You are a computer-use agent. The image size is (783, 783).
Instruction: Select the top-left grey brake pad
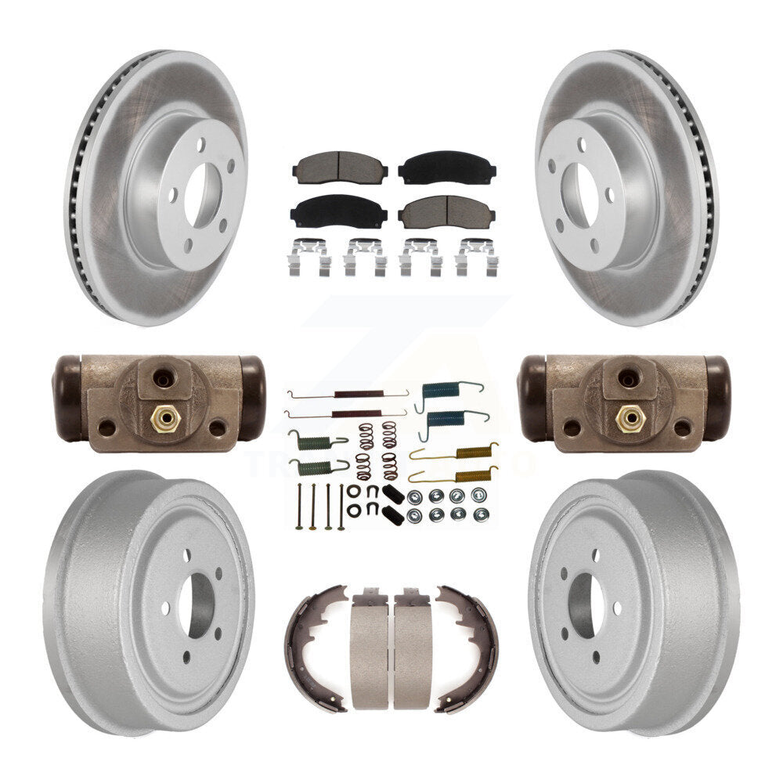click(x=339, y=166)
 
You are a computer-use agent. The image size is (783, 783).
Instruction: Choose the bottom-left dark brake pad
click(x=339, y=211)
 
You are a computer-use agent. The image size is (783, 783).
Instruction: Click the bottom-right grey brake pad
click(x=446, y=210)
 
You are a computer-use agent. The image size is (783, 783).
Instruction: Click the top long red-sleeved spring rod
click(x=346, y=393)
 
